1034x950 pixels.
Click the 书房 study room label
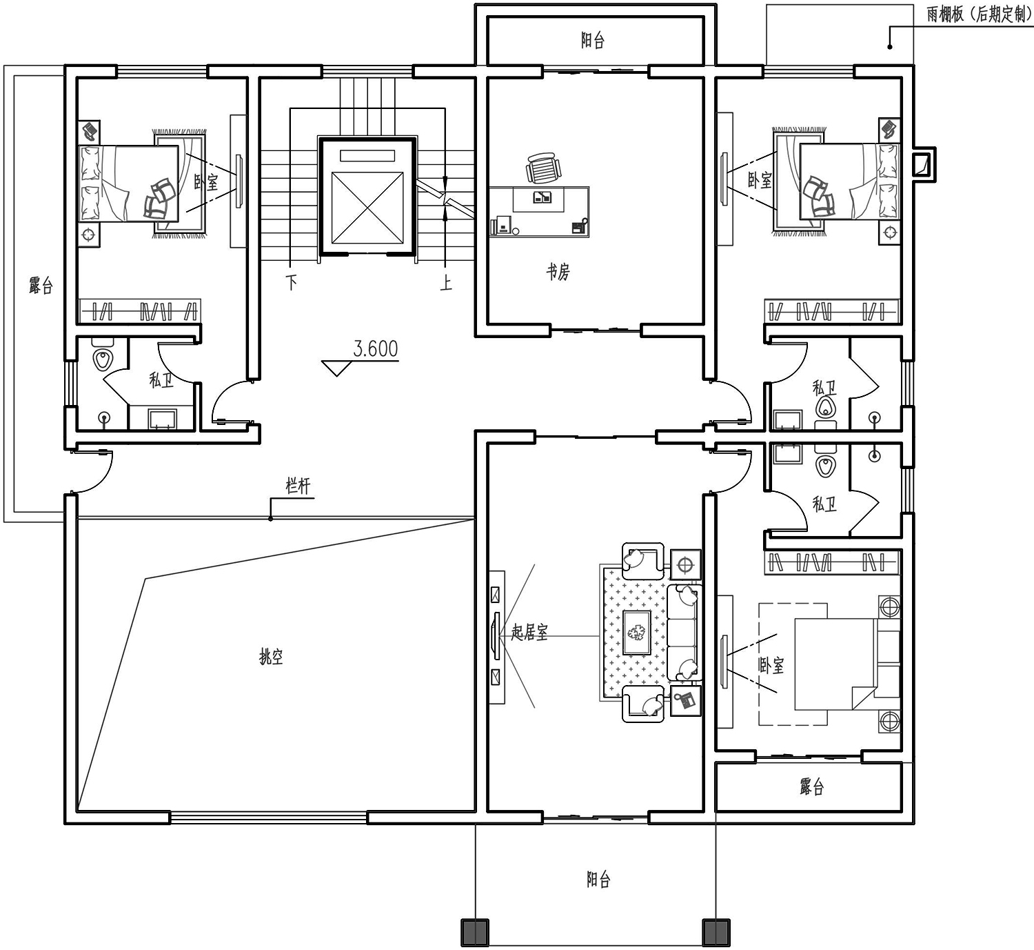(558, 271)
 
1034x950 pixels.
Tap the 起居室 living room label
(529, 632)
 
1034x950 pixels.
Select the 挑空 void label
(271, 657)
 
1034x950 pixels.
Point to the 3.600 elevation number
(375, 349)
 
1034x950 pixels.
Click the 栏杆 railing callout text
(298, 486)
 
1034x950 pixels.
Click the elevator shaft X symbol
(367, 208)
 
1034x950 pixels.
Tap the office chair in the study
(543, 167)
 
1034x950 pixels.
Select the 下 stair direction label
(292, 282)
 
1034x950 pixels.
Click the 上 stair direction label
(446, 282)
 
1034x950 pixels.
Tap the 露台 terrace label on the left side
(41, 284)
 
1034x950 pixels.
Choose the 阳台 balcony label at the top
(593, 40)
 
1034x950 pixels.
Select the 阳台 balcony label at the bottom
(598, 879)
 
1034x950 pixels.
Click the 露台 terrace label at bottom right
(812, 786)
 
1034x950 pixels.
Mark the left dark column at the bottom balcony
(474, 933)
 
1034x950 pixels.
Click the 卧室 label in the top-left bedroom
(206, 182)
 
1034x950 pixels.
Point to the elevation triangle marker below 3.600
(336, 367)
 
